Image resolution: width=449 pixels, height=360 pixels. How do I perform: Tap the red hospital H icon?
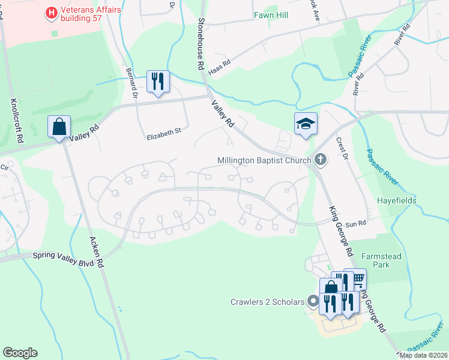52,11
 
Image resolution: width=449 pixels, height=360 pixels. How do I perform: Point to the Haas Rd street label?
219,67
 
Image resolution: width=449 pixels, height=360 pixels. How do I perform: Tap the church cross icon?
321,160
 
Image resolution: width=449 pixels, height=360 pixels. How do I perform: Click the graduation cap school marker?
306,124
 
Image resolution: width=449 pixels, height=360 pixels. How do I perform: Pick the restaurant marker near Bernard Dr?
158,80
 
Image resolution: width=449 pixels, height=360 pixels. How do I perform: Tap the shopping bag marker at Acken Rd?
59,127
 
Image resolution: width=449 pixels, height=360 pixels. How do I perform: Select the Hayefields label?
396,200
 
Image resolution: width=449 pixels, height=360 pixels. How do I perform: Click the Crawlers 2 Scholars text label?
268,301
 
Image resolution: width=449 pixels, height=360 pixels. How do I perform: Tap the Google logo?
20,353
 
